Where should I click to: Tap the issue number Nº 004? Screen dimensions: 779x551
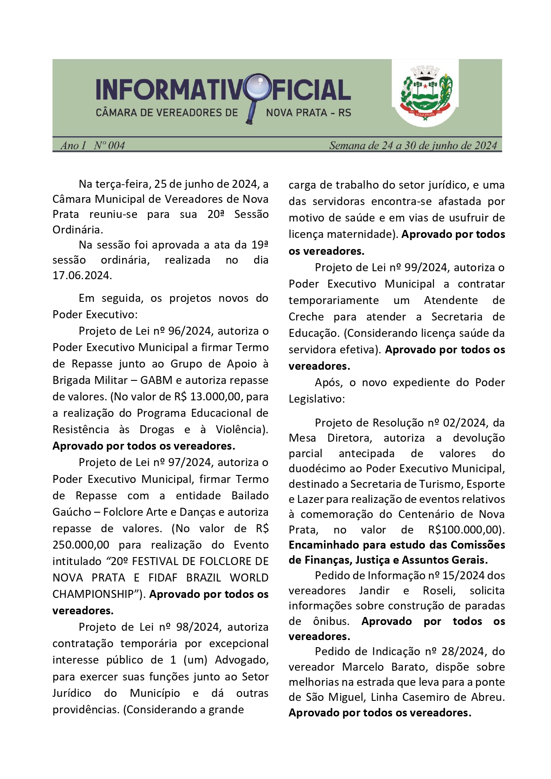click(109, 146)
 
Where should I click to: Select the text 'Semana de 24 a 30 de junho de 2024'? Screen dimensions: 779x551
click(412, 146)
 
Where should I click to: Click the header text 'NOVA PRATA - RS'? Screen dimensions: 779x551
click(309, 113)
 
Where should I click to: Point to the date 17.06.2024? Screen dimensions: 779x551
click(82, 276)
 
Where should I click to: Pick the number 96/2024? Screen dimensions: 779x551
click(191, 331)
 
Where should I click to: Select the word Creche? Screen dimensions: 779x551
click(306, 317)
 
